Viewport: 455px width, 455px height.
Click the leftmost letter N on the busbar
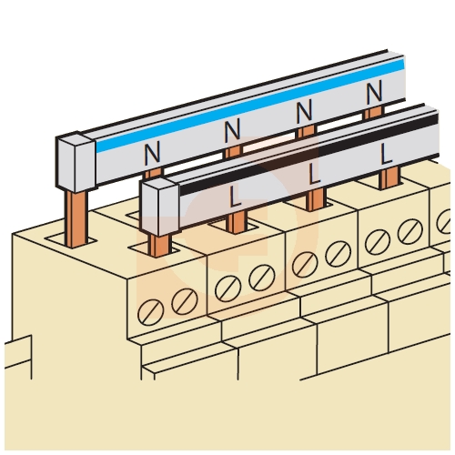[152, 154]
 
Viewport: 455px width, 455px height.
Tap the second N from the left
[232, 130]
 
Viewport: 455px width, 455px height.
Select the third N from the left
[304, 112]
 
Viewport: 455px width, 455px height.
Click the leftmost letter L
[236, 197]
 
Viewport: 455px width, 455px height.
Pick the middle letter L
[315, 174]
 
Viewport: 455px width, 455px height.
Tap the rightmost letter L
[386, 154]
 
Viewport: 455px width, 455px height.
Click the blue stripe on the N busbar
[250, 105]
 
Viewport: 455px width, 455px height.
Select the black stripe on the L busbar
[309, 155]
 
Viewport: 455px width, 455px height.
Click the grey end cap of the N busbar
[76, 162]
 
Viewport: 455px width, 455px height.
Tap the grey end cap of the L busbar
[160, 207]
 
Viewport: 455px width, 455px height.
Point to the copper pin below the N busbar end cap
[76, 219]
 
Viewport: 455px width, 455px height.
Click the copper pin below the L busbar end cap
[159, 246]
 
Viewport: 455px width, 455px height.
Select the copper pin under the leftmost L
[237, 222]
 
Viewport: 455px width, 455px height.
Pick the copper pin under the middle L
[316, 199]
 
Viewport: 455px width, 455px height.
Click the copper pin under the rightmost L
[389, 178]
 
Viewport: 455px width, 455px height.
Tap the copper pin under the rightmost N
[374, 113]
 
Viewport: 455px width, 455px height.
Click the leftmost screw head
[150, 312]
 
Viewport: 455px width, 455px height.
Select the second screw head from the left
[185, 301]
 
